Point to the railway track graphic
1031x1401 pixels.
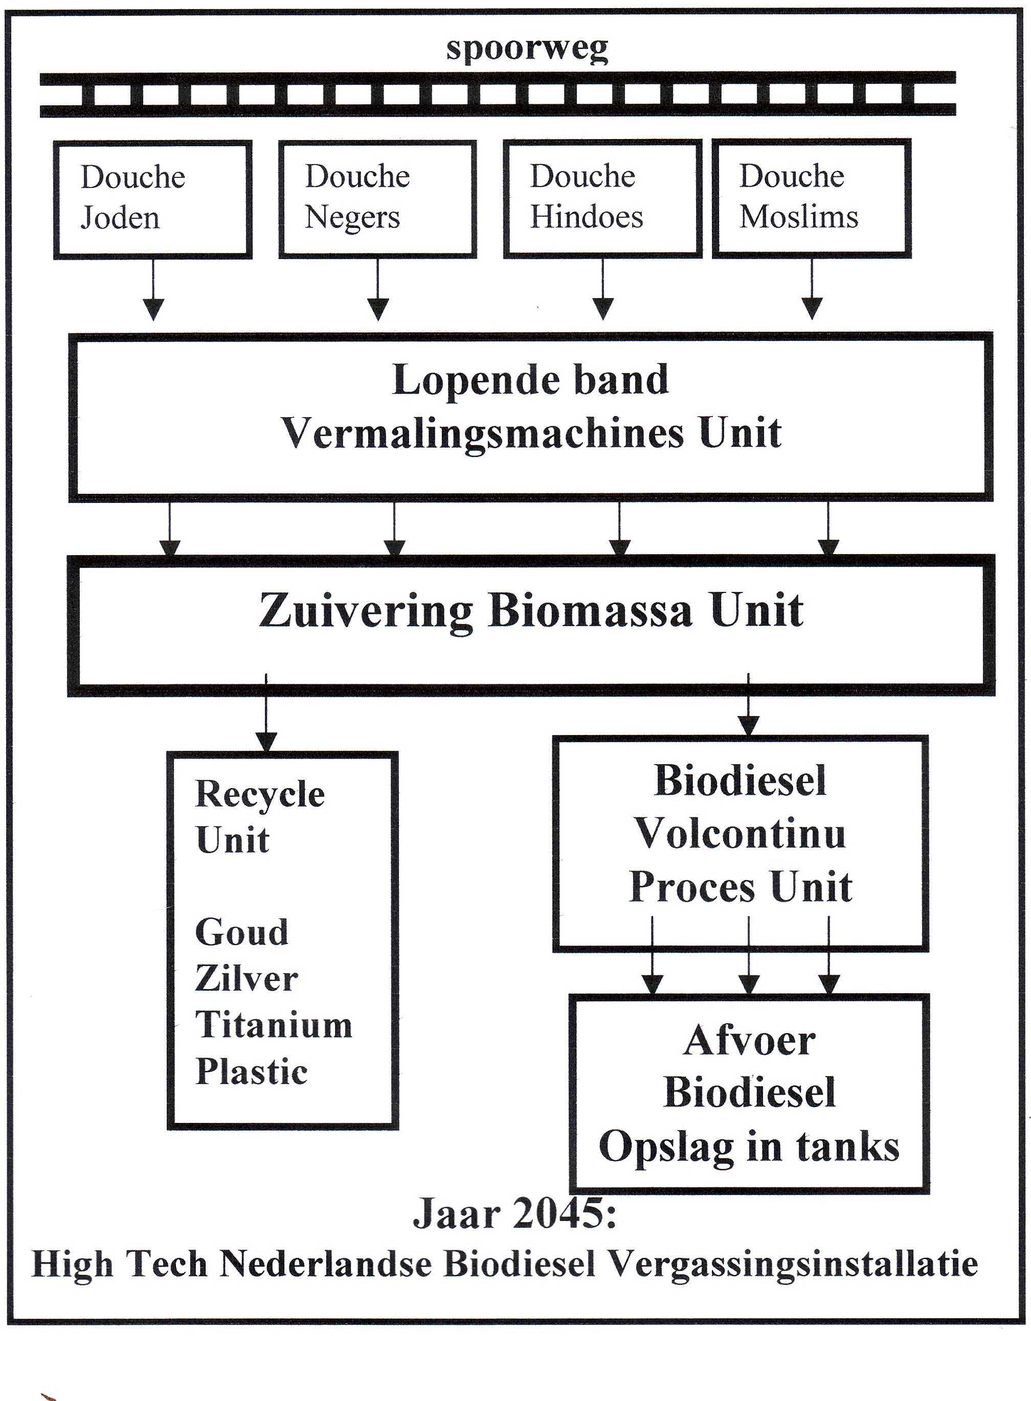coord(498,95)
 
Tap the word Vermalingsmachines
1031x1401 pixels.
coord(482,433)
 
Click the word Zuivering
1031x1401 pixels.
coord(366,611)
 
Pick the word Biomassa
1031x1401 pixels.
coord(590,610)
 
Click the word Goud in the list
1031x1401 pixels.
coord(241,932)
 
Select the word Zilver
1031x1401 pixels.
coord(246,978)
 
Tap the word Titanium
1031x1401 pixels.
coord(274,1024)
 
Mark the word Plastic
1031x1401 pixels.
coord(252,1072)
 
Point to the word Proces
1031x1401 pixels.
coord(691,886)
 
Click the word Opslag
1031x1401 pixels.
coord(665,1146)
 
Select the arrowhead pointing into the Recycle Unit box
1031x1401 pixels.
coord(266,741)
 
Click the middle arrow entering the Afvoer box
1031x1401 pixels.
coord(748,984)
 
